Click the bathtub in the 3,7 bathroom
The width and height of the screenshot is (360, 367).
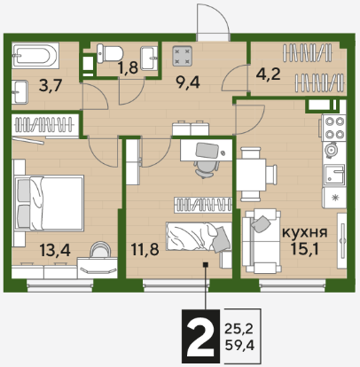coord(35,55)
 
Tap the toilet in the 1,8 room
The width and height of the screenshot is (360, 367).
coord(109,53)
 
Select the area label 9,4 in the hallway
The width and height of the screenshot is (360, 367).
coord(187,82)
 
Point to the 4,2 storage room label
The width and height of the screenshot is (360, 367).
coord(268,74)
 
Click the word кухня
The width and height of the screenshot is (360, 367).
coord(305,232)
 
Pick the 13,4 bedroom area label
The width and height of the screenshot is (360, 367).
coord(55,251)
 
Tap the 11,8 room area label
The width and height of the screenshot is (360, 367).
coord(145,250)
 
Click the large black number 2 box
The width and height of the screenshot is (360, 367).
coord(200,336)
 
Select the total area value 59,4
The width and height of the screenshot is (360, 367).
coord(239,345)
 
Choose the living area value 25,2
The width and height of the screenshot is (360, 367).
coord(239,328)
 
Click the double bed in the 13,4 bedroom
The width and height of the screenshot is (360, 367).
coord(49,203)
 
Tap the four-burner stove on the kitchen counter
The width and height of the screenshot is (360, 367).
coord(334,128)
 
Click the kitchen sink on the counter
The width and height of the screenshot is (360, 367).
coord(334,175)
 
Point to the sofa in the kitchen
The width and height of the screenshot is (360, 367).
coord(261,241)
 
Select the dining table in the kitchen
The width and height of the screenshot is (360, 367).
coord(251,175)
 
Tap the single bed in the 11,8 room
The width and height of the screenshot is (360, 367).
coord(199,237)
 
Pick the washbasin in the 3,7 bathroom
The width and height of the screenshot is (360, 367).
coord(20,92)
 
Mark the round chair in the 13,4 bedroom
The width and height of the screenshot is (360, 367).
coord(100,250)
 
